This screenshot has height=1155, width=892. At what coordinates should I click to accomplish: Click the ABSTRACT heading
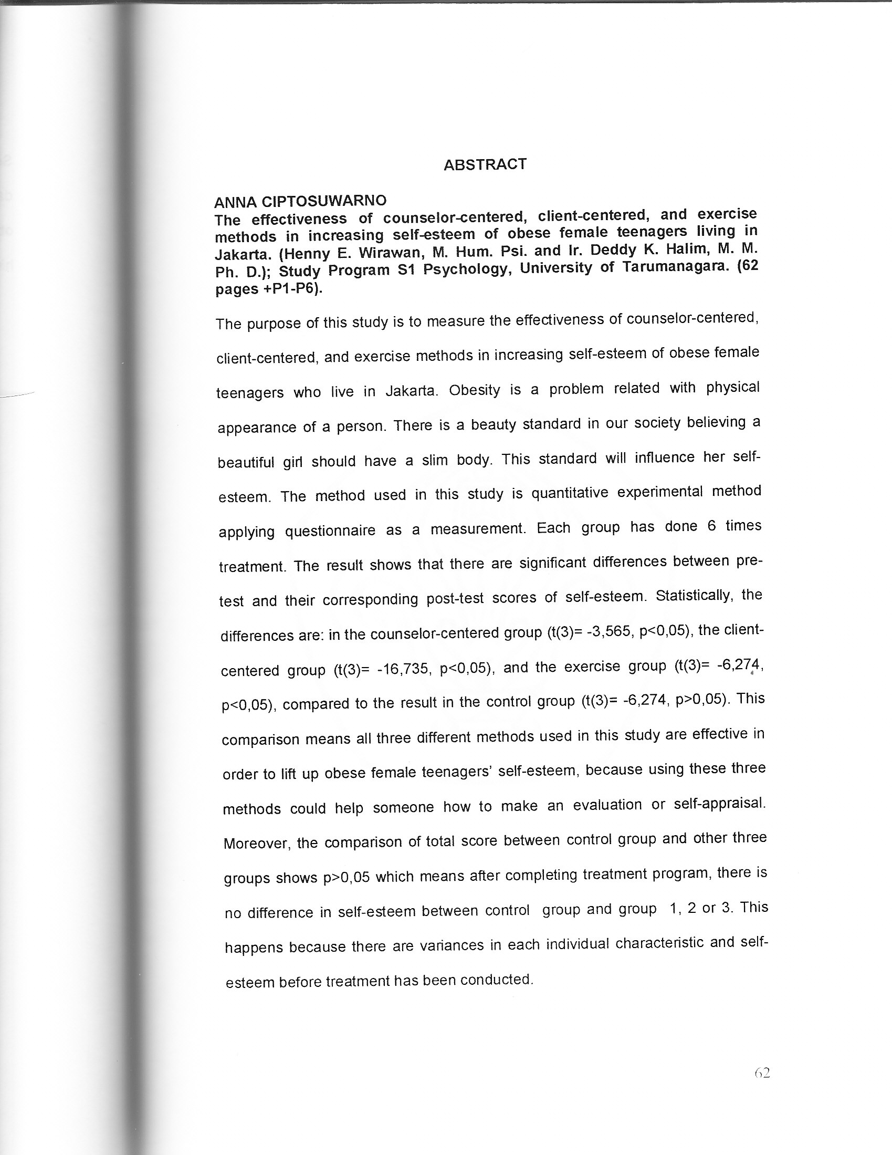pos(485,164)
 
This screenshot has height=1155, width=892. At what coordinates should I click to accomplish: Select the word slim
pos(435,460)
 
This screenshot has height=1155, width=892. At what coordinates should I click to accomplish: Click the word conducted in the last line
pos(496,980)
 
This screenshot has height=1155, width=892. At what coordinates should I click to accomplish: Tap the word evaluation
pos(607,805)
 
